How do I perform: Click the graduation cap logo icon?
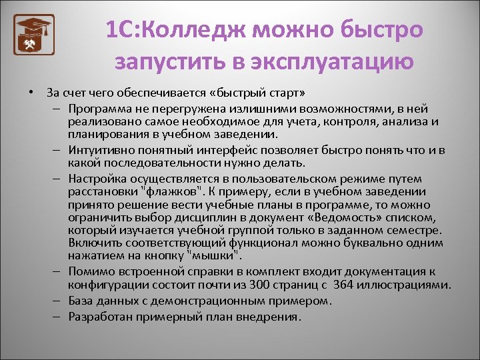coord(33,35)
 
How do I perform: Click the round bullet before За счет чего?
coord(31,92)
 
